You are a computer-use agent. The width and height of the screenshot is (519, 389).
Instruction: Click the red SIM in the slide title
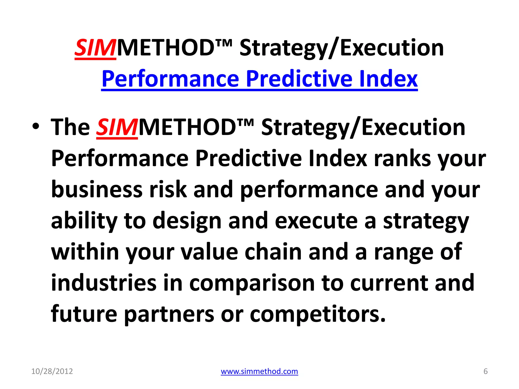95,48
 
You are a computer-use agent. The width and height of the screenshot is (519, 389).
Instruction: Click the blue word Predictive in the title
299,79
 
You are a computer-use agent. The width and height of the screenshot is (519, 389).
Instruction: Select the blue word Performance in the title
170,79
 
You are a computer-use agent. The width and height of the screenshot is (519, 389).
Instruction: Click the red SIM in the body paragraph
117,127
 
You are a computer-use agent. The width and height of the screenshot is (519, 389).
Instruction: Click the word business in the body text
97,190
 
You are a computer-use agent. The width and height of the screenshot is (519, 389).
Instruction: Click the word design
187,221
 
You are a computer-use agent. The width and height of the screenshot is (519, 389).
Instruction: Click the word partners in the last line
169,314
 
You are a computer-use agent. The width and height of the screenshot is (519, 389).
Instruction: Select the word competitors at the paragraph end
317,314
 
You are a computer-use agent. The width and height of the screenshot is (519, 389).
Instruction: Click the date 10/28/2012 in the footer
52,371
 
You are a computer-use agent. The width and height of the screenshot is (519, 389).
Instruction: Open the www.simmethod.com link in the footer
259,371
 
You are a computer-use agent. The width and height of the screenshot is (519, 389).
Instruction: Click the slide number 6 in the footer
485,371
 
